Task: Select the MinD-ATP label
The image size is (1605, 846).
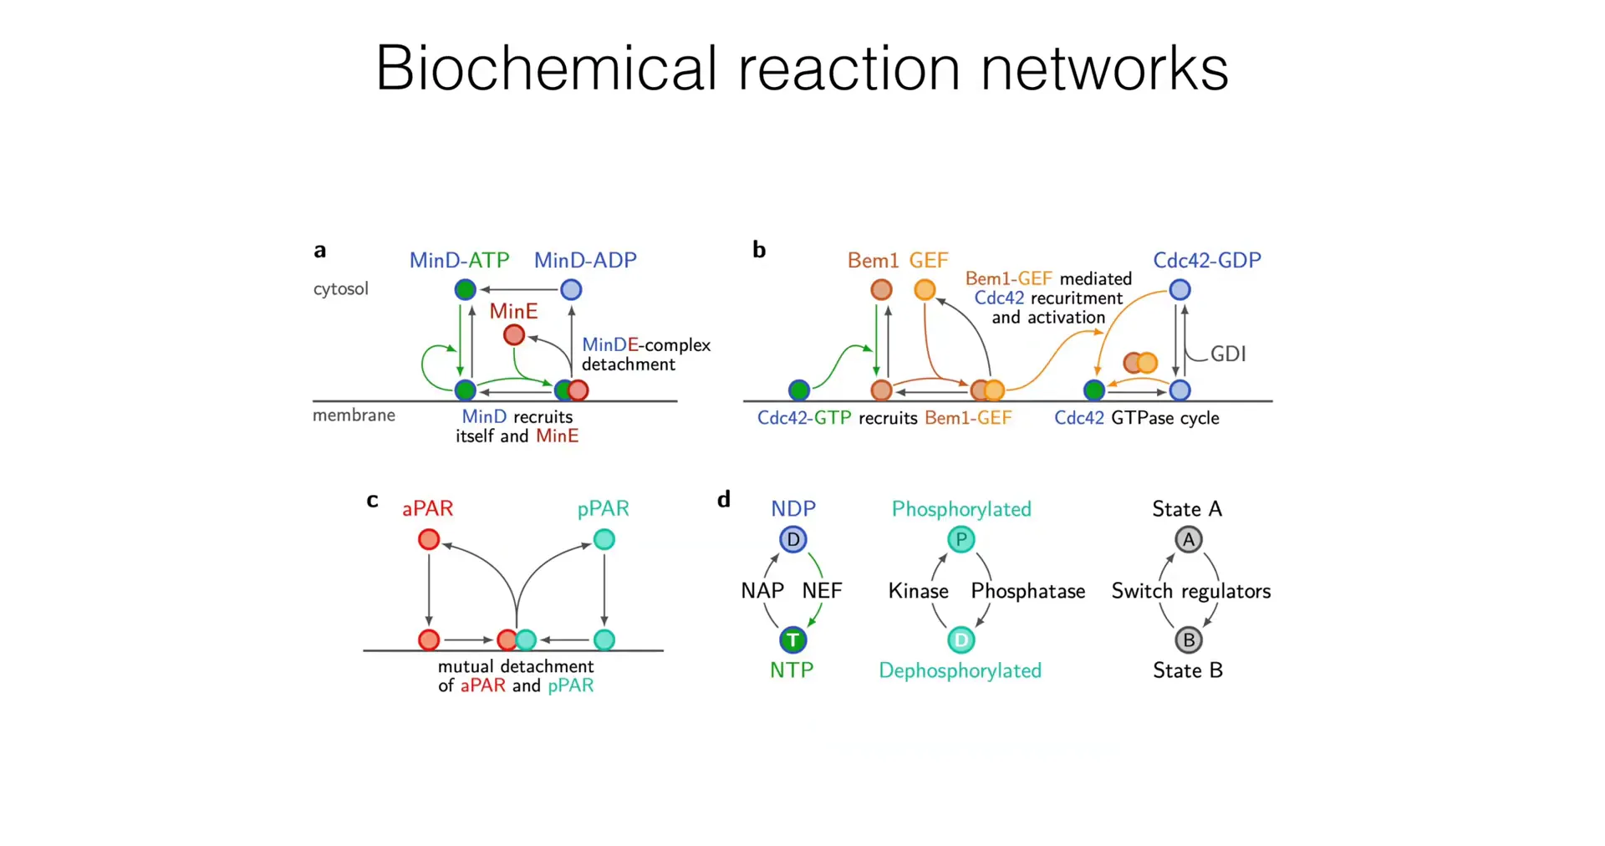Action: pos(459,261)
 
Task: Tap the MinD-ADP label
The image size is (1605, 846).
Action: pos(585,261)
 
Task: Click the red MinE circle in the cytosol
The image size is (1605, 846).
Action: pos(514,335)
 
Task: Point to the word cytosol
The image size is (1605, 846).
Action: pos(340,289)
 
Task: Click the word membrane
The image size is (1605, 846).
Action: pos(354,415)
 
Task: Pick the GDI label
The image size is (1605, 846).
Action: pos(1228,354)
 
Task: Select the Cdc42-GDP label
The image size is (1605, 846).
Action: pos(1206,261)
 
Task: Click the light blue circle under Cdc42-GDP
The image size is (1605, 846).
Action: pos(1180,290)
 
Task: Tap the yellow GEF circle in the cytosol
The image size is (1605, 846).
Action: pos(925,290)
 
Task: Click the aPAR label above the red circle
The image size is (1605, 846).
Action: pos(427,509)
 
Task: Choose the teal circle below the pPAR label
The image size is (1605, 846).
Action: pos(604,540)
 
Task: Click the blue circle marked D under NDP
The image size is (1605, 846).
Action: pos(792,540)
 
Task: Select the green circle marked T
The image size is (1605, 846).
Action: pos(792,640)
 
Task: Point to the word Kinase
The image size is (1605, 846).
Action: pos(918,592)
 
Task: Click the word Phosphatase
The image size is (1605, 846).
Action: pos(1027,592)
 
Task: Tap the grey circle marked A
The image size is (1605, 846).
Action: pos(1188,540)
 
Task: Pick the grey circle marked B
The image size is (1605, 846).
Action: pos(1188,640)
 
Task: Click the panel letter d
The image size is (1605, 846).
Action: pos(724,500)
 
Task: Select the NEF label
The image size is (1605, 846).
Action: pos(822,591)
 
